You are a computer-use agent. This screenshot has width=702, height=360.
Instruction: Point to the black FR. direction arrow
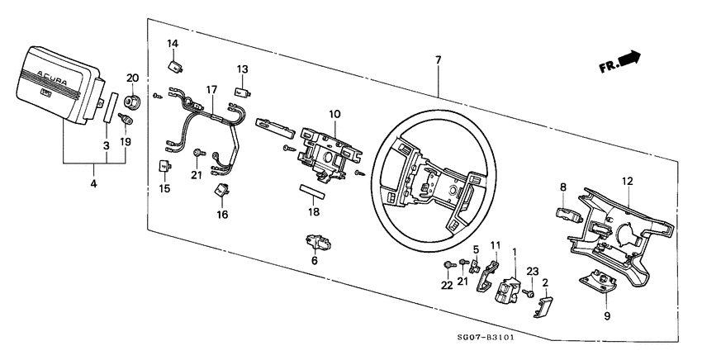click(x=630, y=59)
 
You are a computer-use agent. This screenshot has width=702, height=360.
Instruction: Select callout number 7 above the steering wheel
click(x=438, y=59)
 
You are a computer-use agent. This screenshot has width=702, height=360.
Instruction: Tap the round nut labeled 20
click(x=131, y=102)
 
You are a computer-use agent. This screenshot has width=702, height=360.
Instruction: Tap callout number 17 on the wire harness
click(x=211, y=89)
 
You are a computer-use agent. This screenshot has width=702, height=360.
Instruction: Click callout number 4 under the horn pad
click(x=93, y=183)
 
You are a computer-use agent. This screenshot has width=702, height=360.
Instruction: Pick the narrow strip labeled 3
click(x=108, y=107)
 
